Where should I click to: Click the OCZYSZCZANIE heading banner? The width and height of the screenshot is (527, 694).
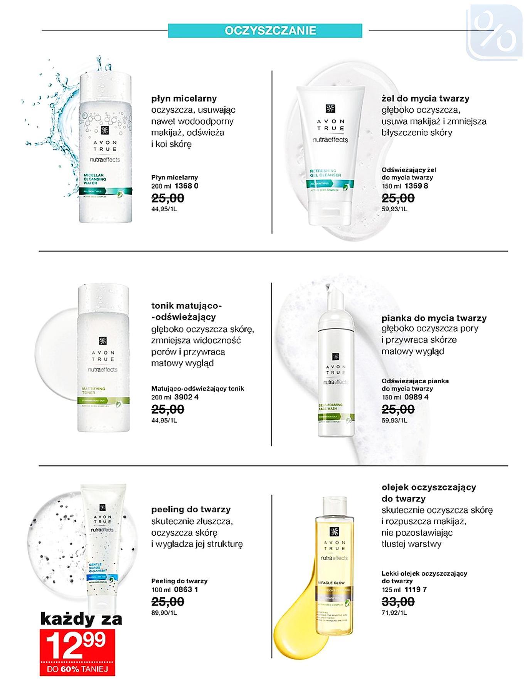pos(265,30)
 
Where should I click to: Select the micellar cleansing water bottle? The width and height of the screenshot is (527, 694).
pos(105,147)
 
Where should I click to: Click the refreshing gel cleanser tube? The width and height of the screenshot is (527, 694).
pos(330,154)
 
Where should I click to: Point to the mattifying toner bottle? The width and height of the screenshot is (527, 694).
pos(103,359)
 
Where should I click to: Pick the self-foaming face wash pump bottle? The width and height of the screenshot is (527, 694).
pos(335,370)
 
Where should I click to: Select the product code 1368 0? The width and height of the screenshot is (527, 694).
pos(186,186)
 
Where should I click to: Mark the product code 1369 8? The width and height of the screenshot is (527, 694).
pos(416,186)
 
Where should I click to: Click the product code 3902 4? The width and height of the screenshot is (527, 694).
pos(186,397)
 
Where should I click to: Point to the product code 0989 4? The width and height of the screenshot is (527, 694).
pos(416,397)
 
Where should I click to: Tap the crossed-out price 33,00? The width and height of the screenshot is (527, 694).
pos(398,601)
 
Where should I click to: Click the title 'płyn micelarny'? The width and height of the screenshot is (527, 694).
pos(184,98)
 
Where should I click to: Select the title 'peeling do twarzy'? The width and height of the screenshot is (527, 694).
pos(191,509)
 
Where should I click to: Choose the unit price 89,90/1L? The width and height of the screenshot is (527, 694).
pos(164,613)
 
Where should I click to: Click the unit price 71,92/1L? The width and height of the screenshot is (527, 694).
pos(394,613)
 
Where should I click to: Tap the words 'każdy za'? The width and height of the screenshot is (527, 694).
pos(81,619)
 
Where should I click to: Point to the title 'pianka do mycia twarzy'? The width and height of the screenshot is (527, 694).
pos(434,318)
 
